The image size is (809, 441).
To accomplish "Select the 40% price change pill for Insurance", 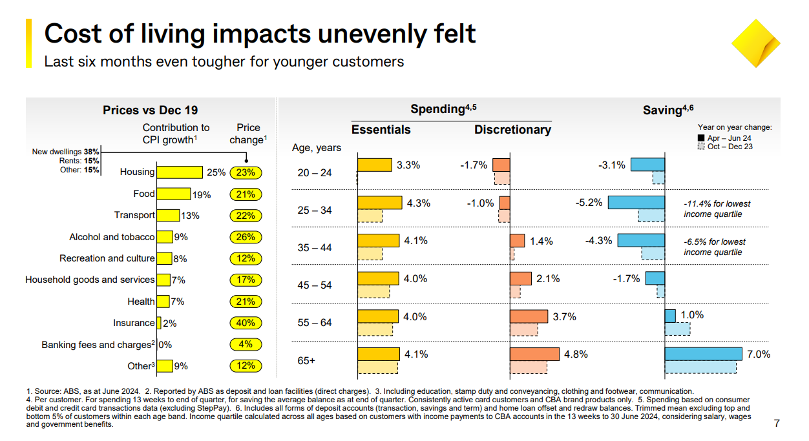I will (x=246, y=323).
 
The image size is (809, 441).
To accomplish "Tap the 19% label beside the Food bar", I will (x=202, y=194).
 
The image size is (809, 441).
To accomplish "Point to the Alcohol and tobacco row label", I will (x=112, y=237).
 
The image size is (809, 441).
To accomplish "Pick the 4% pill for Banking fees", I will (x=246, y=344).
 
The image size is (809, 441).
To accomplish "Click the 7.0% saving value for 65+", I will (x=760, y=354).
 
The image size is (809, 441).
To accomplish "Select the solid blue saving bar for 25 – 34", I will (x=636, y=203).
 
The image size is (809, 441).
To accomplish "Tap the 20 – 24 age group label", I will (x=315, y=172).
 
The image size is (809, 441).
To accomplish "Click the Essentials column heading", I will (x=381, y=130).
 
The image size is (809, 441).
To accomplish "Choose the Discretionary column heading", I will (x=512, y=130).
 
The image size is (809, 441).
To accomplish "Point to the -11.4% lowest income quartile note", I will (x=717, y=209).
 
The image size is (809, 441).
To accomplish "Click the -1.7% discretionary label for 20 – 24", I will (x=474, y=165).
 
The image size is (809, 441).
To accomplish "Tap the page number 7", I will (x=777, y=424).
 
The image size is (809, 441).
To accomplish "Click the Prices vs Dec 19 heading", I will (x=150, y=110).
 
